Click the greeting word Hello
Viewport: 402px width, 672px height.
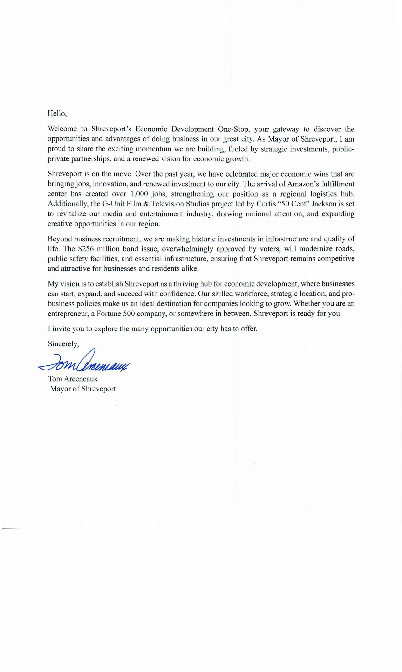(x=57, y=113)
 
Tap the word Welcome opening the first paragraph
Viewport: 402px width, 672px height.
(x=62, y=129)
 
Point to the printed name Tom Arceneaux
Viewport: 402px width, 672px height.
(x=73, y=379)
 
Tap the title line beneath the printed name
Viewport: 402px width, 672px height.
(x=83, y=389)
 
